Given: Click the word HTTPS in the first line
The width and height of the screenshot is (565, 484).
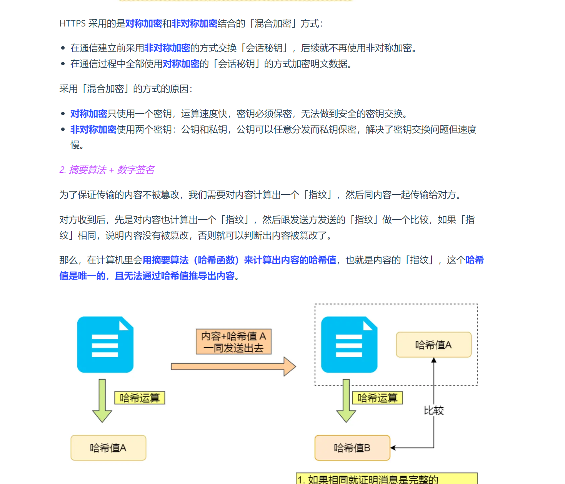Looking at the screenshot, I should point(73,24).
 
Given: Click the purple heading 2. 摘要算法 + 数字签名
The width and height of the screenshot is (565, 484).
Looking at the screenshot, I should point(107,170).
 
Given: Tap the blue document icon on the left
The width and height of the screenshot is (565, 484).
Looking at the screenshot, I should point(105,345).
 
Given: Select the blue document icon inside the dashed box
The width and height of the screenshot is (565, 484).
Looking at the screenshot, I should point(349,345).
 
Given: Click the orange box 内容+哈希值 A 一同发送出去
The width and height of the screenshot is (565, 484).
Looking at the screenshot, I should point(233,341).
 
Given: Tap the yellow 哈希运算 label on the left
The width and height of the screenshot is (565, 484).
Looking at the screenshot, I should point(140,398).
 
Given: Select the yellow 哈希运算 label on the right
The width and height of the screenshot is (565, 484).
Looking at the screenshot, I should point(377,398).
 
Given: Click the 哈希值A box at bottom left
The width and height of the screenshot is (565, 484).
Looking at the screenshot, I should point(108,448).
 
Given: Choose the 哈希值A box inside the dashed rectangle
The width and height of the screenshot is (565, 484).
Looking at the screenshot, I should point(433,345).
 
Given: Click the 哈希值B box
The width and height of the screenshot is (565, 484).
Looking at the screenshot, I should point(352,448).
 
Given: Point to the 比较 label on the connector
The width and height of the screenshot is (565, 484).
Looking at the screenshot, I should point(434,411).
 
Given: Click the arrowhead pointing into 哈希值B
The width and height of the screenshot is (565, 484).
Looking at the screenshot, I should point(393,448).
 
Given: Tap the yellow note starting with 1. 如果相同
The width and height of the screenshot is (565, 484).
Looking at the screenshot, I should point(387,479).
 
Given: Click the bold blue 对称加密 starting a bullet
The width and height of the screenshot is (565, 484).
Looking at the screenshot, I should point(89,114).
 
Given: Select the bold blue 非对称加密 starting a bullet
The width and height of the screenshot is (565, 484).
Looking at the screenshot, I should point(93,129).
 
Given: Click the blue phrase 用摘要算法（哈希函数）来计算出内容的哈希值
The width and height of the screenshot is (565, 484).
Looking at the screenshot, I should point(239,260).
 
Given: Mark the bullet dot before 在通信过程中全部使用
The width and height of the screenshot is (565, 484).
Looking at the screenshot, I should point(63,64).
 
